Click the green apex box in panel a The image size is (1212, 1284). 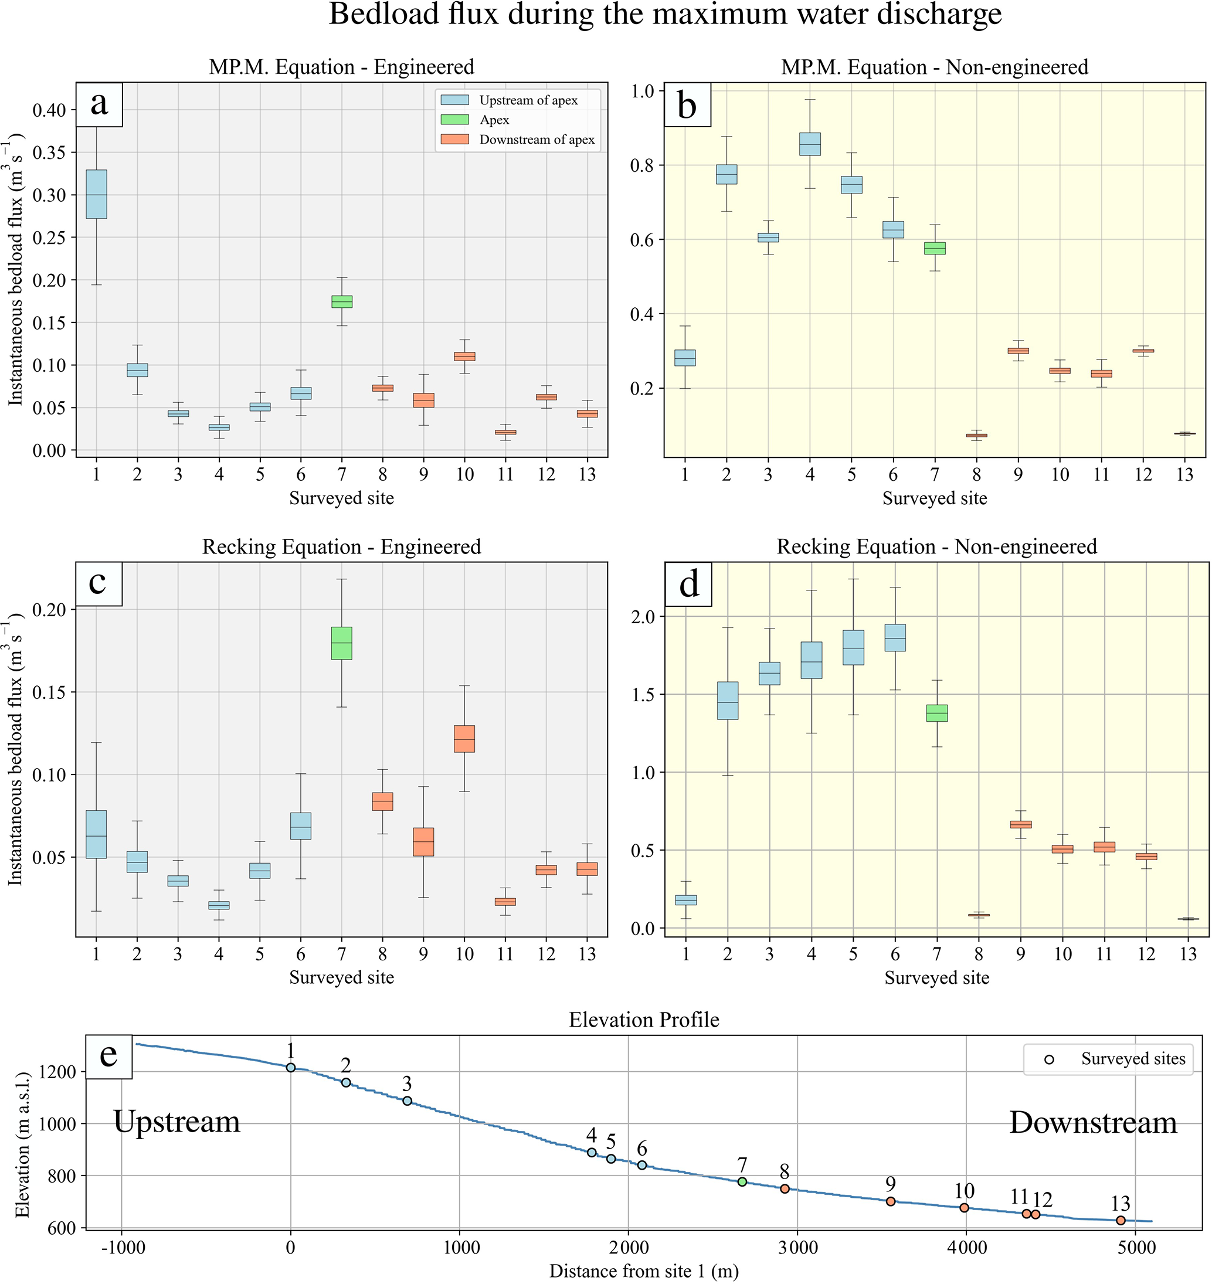342,301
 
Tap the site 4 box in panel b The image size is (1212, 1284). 810,144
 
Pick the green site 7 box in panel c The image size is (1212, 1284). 342,643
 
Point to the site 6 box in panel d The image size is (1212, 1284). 895,637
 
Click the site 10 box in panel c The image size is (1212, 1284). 464,739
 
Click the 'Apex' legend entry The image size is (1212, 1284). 494,120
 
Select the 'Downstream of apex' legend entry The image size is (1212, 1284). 537,140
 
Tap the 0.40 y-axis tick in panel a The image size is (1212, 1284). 50,110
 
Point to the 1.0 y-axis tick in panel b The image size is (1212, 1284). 642,90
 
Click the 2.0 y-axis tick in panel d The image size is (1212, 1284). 642,617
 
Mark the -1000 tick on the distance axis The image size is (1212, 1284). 122,1248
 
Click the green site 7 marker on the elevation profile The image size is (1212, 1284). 742,1182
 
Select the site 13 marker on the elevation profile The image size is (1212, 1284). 1121,1220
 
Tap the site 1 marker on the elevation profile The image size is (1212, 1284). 291,1068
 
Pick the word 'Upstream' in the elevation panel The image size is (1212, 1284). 176,1122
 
